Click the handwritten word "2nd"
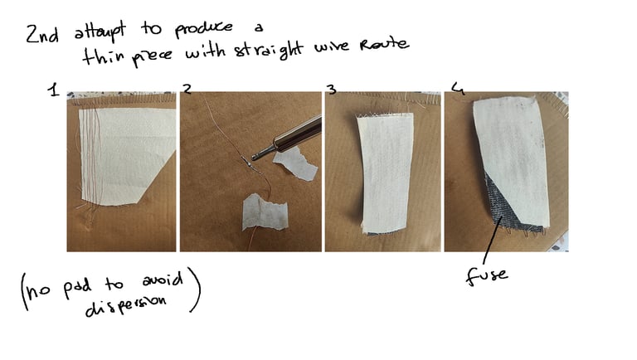click(42, 34)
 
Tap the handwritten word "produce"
click(204, 29)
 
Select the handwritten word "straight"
click(269, 51)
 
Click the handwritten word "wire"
click(332, 46)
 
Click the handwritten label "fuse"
click(487, 275)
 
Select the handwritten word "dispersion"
click(125, 307)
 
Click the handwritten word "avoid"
click(163, 280)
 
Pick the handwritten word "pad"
click(77, 286)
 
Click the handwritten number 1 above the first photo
click(54, 90)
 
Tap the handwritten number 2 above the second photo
click(187, 89)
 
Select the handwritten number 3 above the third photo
click(333, 90)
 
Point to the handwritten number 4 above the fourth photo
click(458, 89)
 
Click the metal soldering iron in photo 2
click(286, 138)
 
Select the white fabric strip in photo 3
click(386, 173)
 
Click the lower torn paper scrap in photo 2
click(265, 212)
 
